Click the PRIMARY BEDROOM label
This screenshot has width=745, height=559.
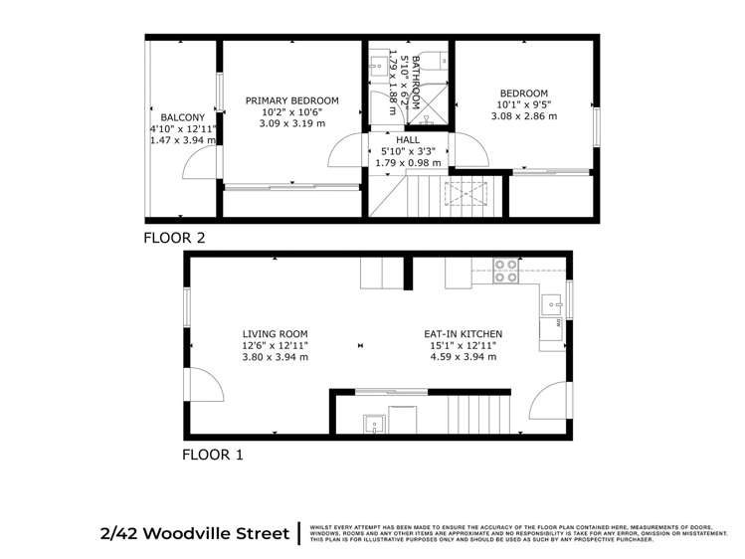[x=291, y=100]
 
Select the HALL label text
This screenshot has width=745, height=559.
[x=408, y=140]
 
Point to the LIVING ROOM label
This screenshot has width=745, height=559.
[x=275, y=334]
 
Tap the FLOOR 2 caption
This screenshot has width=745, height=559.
[x=174, y=237]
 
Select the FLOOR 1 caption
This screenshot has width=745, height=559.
[x=212, y=456]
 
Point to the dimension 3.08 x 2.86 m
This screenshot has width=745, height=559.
[x=523, y=116]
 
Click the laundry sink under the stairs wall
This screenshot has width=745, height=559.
[x=375, y=423]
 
